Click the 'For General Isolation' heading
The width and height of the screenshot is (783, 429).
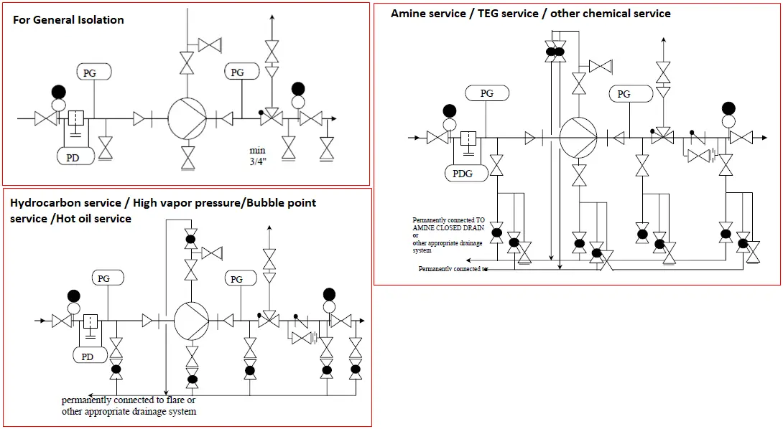tap(68, 20)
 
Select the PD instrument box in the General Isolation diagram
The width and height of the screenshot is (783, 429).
tap(73, 157)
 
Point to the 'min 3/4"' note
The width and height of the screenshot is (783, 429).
tap(258, 156)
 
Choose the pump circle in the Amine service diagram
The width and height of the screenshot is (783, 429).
tap(578, 136)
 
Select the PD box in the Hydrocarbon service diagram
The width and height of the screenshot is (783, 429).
tap(88, 356)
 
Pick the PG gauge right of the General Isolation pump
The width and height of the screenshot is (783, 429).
tap(237, 72)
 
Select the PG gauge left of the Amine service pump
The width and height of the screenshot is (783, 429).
tap(487, 93)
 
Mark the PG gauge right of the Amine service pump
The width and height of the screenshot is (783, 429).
tap(624, 94)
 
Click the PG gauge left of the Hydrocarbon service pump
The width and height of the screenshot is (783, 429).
tap(104, 278)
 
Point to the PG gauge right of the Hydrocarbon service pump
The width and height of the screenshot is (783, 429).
tap(235, 278)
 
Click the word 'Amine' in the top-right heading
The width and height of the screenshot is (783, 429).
tap(407, 14)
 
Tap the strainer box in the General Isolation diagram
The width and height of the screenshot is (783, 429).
tap(76, 118)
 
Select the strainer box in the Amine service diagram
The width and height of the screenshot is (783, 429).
tap(468, 137)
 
